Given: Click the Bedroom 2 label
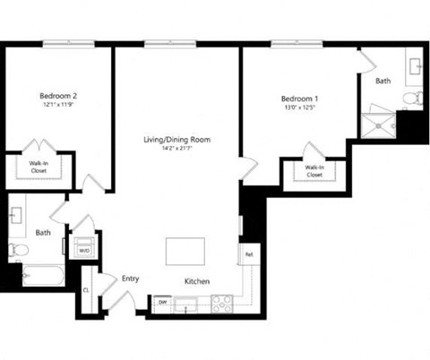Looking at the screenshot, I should click(57, 95).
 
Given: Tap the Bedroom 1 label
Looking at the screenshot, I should click(298, 99).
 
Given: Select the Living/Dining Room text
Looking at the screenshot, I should click(176, 140).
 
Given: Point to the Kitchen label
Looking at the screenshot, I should click(197, 281).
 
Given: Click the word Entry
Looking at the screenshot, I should click(131, 279).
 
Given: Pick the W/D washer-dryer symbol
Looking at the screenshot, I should click(84, 249).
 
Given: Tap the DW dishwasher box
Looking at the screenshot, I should click(163, 303).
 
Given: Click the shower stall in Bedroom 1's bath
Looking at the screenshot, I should click(378, 124).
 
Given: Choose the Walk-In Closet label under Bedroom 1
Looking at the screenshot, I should click(314, 170).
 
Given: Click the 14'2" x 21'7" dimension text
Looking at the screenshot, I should click(176, 150).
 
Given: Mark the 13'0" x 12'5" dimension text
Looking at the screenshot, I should click(298, 108).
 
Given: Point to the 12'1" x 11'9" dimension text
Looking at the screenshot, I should click(57, 105).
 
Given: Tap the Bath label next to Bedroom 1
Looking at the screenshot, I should click(383, 81).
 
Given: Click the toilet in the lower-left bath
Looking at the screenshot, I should click(18, 249).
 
